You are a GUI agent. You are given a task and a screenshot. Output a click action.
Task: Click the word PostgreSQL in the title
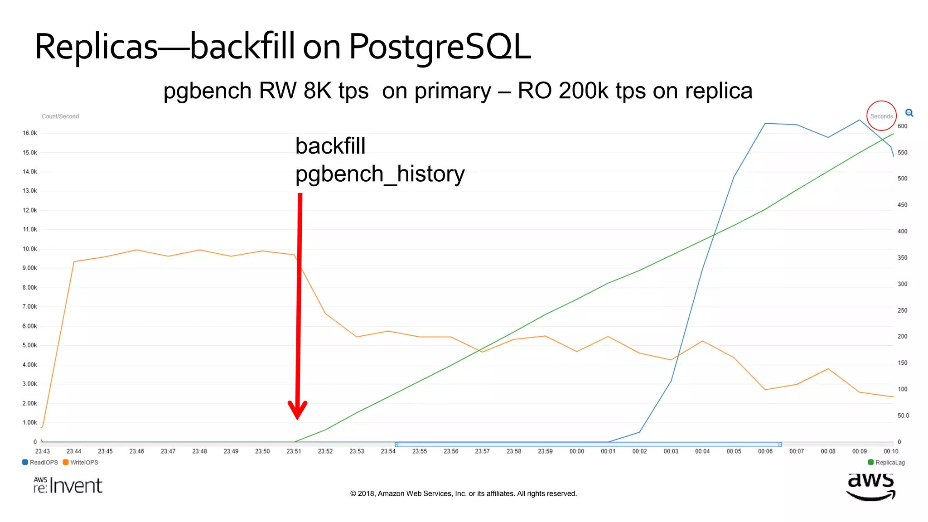(440, 47)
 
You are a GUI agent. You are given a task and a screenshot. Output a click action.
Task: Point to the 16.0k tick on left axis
(30, 133)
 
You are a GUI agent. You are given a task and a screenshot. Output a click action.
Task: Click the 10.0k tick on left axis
(30, 249)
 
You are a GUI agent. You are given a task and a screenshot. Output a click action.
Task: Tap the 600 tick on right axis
(902, 126)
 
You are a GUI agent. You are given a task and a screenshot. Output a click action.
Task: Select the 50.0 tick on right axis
(903, 416)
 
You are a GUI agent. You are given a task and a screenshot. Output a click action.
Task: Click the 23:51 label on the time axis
(294, 451)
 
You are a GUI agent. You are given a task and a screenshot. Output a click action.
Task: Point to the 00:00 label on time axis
(576, 451)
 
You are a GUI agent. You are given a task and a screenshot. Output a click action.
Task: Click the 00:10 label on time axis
(890, 451)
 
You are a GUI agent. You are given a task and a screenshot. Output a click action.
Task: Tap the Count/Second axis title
(60, 116)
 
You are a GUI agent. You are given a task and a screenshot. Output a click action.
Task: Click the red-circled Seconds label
(881, 116)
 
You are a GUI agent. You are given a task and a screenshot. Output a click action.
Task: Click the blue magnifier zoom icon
(909, 113)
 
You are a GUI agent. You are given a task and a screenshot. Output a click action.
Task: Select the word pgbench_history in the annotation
(380, 174)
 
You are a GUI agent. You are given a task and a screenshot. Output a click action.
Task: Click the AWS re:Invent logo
(68, 485)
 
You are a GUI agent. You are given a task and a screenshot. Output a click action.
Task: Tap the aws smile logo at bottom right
(870, 487)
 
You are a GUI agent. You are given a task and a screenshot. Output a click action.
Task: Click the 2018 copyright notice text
(463, 493)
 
